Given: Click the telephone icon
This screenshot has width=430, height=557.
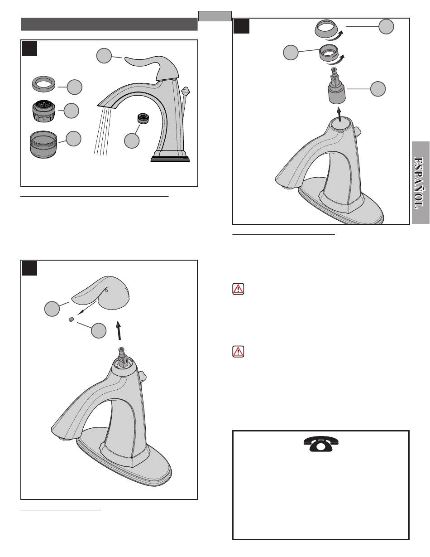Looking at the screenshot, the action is tap(321, 443).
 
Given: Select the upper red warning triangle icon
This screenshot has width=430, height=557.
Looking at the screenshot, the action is tap(238, 289).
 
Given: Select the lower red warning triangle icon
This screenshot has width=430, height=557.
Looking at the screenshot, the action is tap(238, 351).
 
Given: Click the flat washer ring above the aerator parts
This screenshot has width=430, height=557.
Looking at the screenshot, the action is tap(43, 84).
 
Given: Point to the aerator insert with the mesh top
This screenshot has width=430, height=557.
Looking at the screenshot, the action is tap(44, 111).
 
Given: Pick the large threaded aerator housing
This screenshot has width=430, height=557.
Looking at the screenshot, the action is tap(43, 144).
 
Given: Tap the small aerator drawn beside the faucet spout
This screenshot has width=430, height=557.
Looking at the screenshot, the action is tap(144, 118).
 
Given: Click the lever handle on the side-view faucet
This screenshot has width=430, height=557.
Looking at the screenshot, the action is tap(152, 67).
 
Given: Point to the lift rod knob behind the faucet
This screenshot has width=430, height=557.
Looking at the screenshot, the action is tap(185, 91).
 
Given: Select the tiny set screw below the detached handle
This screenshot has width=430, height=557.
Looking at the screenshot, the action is tap(72, 319).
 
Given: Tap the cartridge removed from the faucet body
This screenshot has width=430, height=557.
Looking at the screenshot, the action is tap(337, 86).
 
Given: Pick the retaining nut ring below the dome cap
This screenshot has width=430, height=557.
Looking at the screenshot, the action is tap(329, 52).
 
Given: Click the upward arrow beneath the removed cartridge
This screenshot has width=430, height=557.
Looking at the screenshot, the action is tap(339, 114).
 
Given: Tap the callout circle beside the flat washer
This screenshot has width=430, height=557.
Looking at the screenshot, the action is tap(75, 87).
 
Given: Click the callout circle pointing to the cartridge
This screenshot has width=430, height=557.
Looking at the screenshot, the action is tap(378, 89).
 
